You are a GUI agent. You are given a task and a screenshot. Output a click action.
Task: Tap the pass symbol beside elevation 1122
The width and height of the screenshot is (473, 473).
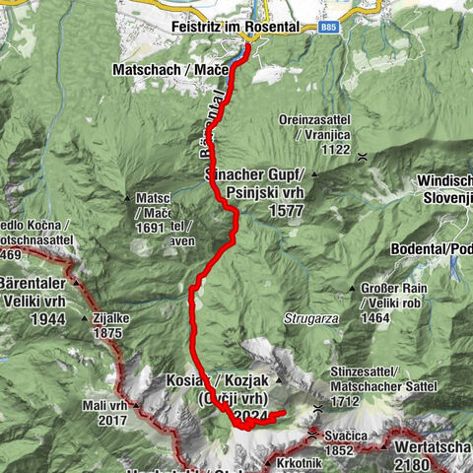point(363,156)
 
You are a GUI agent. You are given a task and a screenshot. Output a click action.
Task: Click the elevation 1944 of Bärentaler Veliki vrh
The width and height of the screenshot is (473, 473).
point(47,320)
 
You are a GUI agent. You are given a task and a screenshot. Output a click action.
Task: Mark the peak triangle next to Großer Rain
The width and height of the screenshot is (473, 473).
point(351,288)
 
